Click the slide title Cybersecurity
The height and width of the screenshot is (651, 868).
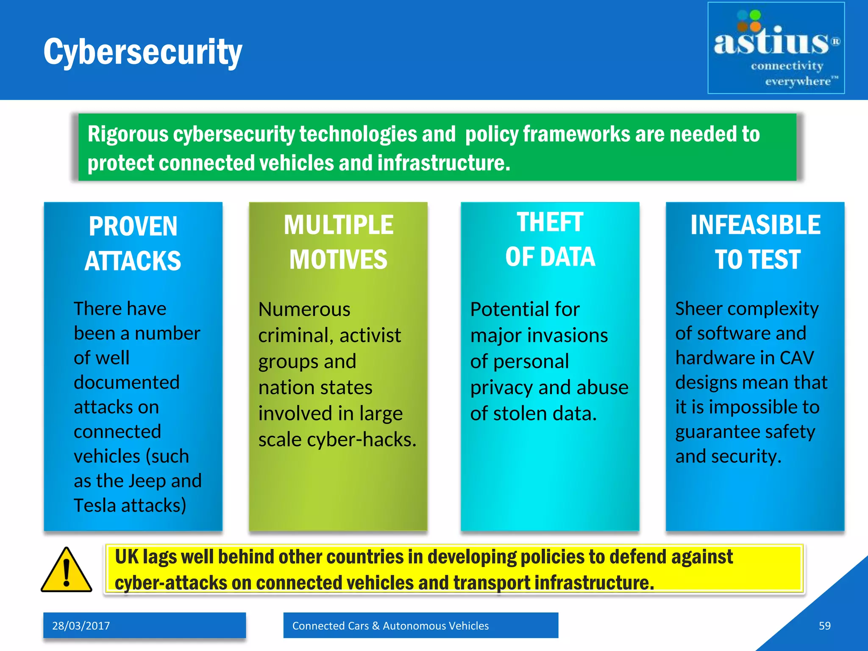point(143,52)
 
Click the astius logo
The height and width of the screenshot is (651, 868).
point(776,47)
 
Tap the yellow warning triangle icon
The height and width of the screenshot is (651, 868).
point(66,570)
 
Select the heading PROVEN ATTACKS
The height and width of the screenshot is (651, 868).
point(133,243)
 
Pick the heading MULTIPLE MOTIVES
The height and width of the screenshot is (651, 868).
point(338,242)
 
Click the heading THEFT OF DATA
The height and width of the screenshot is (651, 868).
point(550,239)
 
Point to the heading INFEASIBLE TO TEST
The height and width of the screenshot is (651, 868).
point(755,242)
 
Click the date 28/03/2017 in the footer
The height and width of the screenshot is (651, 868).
point(81,626)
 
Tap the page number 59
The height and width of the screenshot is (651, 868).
point(824,626)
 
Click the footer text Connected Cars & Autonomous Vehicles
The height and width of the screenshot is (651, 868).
point(390,626)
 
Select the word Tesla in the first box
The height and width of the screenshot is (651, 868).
point(95,505)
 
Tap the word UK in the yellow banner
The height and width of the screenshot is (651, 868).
point(126,557)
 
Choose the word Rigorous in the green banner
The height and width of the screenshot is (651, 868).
point(128,134)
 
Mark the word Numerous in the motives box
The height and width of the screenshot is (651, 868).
point(304,309)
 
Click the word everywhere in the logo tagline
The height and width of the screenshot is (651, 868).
point(798,81)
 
